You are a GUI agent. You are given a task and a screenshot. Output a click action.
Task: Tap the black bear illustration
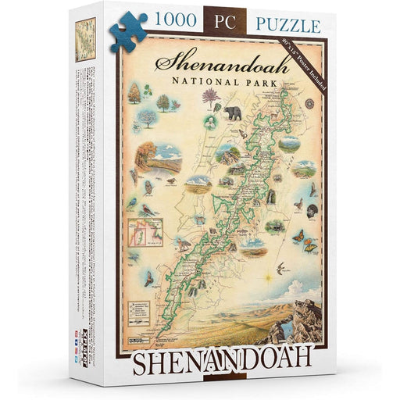click(233, 113)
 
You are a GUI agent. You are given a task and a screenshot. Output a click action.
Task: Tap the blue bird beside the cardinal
click(133, 205)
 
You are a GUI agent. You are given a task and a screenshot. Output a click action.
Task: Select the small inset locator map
click(147, 231)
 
